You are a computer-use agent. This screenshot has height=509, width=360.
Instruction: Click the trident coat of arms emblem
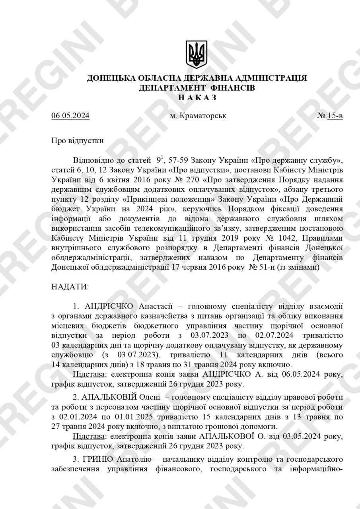[197, 54]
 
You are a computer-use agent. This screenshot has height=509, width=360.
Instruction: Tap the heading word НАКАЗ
[197, 97]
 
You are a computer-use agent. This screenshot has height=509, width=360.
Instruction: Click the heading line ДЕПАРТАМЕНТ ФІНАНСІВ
[197, 88]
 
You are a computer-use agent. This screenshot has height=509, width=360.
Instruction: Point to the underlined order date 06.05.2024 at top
[70, 116]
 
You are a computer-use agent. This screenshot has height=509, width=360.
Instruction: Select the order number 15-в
[335, 116]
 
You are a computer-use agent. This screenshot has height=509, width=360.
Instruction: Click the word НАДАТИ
[70, 286]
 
